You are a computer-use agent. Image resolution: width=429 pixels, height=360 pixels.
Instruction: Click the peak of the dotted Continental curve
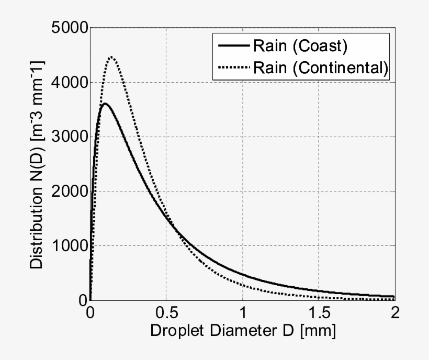coord(111,57)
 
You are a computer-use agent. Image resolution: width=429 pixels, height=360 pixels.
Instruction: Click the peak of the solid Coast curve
coord(105,104)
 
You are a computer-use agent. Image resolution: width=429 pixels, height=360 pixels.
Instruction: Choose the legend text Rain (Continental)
coord(320,67)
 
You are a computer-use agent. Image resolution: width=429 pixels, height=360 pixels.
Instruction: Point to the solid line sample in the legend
coord(232,46)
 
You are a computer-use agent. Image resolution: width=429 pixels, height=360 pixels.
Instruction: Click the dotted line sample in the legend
coord(232,67)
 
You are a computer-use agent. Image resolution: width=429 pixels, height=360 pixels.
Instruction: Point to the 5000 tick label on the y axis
coord(69,27)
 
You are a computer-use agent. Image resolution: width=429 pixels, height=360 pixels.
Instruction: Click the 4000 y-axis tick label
coord(69,82)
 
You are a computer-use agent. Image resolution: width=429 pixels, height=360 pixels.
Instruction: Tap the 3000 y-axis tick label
coord(69,137)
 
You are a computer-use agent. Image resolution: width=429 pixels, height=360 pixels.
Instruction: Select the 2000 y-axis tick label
coord(69,192)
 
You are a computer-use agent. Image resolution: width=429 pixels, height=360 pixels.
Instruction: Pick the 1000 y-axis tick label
coord(69,246)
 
